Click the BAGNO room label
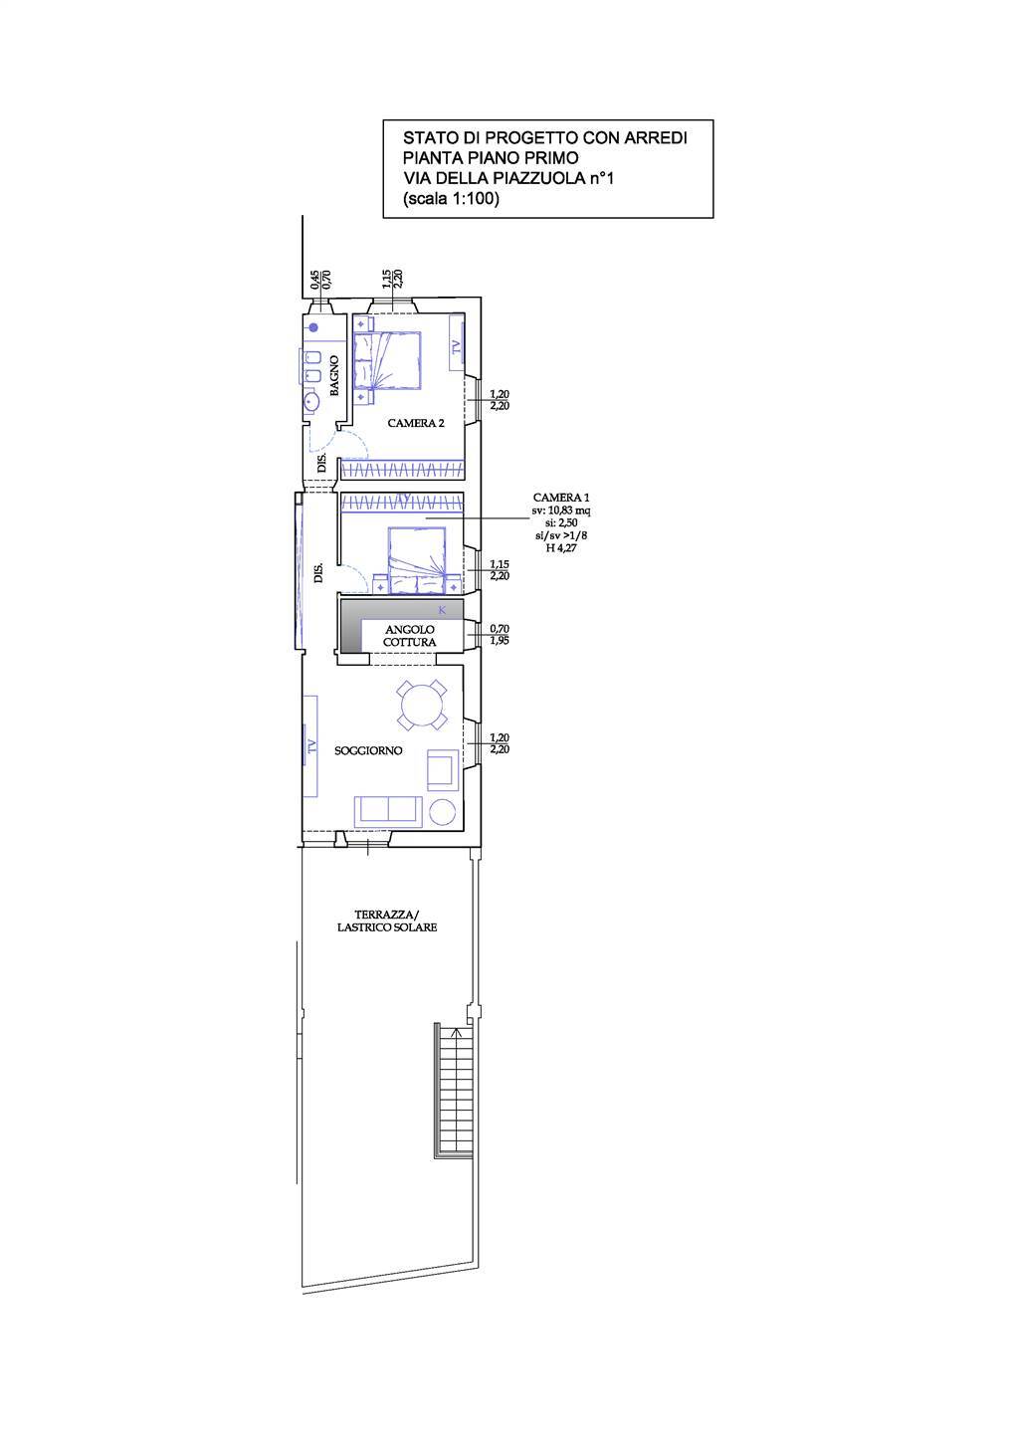coord(334,376)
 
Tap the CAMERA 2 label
coord(416,423)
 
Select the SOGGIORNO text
coord(368,750)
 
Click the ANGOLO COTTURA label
coord(410,636)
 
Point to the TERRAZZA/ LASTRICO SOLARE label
coord(386,921)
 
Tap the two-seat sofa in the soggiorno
coord(387,811)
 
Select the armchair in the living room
coord(441,767)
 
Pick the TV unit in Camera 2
coord(456,346)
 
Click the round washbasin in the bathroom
coord(312,403)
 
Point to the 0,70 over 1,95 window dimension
coord(500,635)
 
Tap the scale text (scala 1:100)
coord(451,198)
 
